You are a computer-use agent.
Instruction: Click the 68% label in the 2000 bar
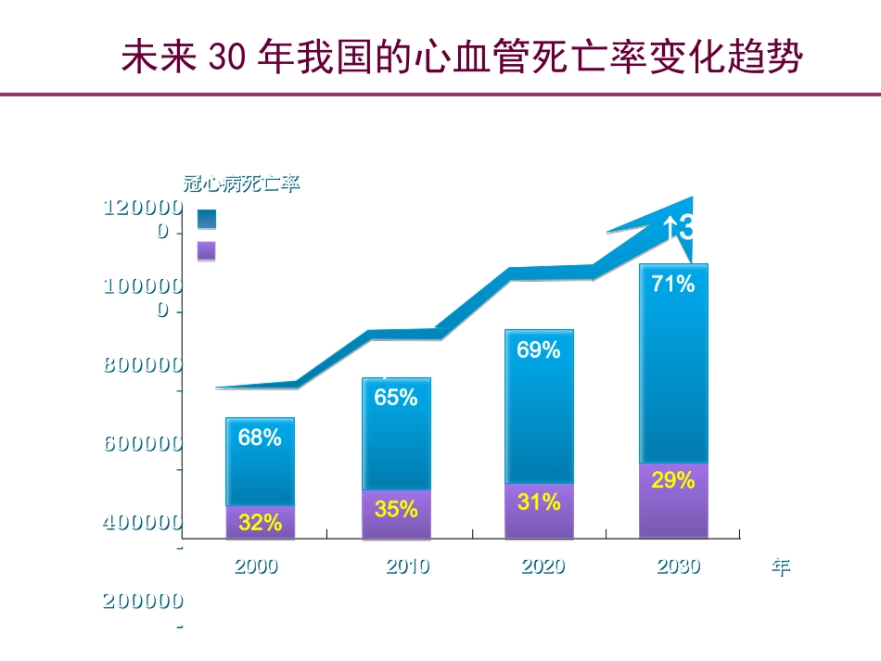point(260,438)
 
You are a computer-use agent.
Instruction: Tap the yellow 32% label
point(260,522)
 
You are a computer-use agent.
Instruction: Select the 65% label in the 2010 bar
point(396,398)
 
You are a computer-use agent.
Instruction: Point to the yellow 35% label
point(396,508)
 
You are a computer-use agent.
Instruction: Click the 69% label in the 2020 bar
point(539,350)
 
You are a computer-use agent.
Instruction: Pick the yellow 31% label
point(539,502)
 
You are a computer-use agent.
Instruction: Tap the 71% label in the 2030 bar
point(673,285)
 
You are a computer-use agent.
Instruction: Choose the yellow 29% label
point(673,480)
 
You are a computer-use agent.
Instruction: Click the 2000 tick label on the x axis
point(256,566)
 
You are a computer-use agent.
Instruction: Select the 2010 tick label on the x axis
point(408,566)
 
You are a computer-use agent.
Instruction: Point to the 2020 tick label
point(543,566)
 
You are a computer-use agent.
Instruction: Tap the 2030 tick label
point(679,566)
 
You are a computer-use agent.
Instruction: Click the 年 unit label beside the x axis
point(781,567)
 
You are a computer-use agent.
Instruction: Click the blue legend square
point(207,219)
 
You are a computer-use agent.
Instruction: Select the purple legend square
point(207,250)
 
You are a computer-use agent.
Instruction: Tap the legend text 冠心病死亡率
point(241,184)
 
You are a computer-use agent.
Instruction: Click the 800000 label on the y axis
point(143,365)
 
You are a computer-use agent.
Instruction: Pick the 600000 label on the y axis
point(143,444)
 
